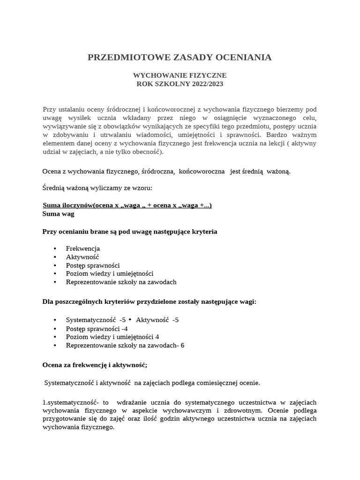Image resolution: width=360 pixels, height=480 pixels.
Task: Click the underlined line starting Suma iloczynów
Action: (x=127, y=205)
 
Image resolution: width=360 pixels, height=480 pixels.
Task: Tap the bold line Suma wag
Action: (x=58, y=214)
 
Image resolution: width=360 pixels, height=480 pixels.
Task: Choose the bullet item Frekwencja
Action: (x=83, y=248)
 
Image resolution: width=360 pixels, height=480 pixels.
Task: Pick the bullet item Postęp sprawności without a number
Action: (x=93, y=265)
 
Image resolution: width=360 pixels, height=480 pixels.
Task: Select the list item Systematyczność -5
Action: (x=96, y=320)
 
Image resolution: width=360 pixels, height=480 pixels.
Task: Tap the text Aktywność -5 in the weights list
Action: (x=157, y=320)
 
